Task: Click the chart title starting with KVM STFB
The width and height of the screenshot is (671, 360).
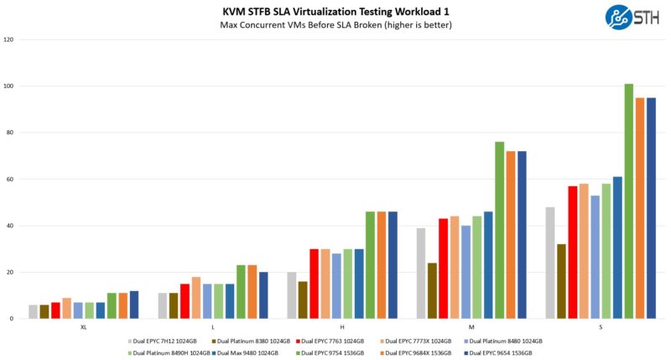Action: pos(335,10)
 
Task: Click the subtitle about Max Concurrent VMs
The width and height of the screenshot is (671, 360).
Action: pos(335,24)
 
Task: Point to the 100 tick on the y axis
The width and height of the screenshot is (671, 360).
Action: pos(9,86)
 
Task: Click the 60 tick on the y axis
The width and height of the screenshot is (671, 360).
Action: pos(9,180)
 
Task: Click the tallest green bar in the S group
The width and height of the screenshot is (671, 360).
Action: pos(628,201)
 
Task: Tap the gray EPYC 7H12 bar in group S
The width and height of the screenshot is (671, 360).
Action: pos(550,263)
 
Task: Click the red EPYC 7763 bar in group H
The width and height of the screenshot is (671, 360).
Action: pos(314,284)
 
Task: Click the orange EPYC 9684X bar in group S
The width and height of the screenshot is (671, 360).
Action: pos(640,208)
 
